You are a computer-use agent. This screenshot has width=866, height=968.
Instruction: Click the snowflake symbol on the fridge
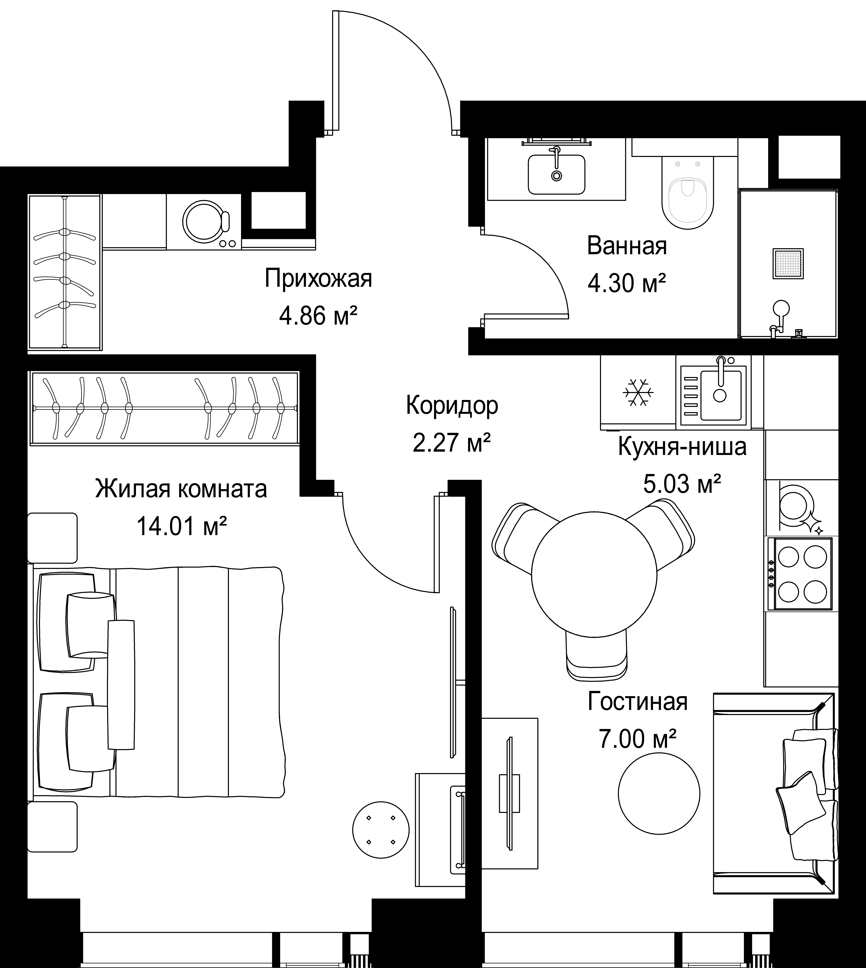coord(638,393)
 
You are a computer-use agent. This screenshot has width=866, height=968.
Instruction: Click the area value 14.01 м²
coord(181,526)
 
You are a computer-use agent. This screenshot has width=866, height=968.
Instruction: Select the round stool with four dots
coord(381,830)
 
